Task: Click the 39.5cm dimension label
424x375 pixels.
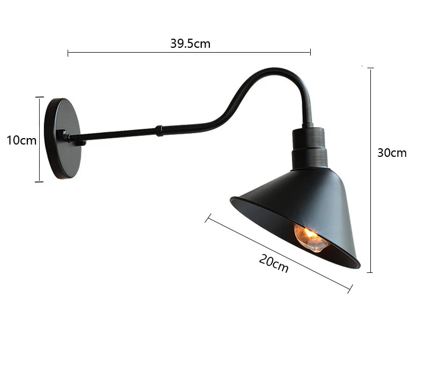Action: point(191,44)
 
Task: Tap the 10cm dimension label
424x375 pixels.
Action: point(21,141)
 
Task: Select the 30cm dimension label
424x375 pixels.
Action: point(392,153)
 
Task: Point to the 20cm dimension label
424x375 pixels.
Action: point(274,263)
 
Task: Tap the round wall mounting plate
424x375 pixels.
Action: point(63,138)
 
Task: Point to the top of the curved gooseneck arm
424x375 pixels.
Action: point(274,70)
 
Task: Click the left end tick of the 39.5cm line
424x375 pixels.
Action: point(68,53)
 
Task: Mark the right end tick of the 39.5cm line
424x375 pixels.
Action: point(310,53)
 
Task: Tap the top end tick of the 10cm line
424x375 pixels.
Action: point(39,97)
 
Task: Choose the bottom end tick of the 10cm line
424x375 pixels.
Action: point(39,182)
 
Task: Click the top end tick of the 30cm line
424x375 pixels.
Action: point(370,68)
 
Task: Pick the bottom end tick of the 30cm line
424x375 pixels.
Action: point(370,272)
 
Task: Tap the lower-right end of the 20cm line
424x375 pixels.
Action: point(350,290)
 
